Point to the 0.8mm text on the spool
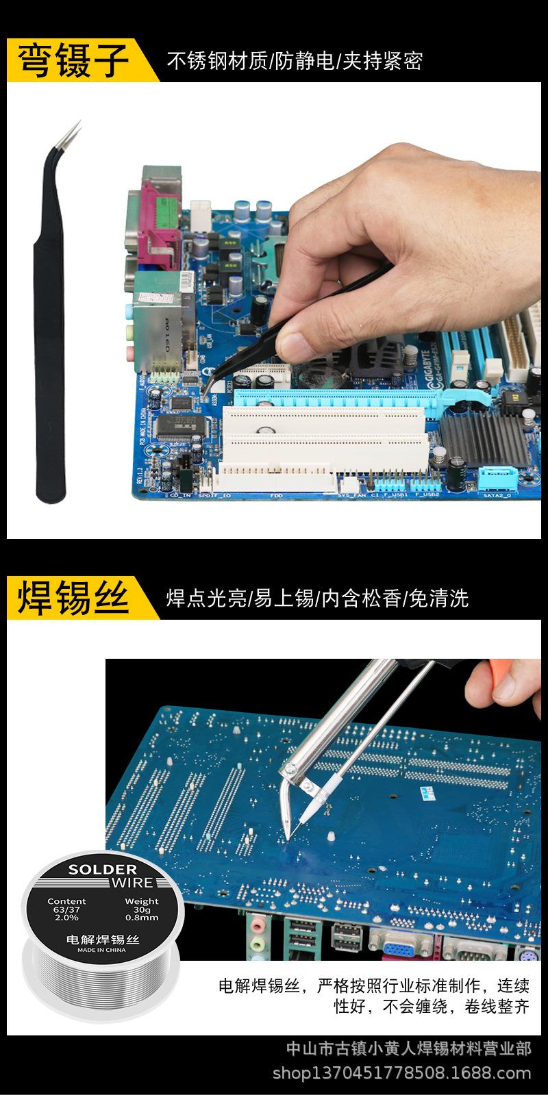point(142,918)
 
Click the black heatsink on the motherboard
point(480,438)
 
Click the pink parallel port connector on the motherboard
point(154,226)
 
